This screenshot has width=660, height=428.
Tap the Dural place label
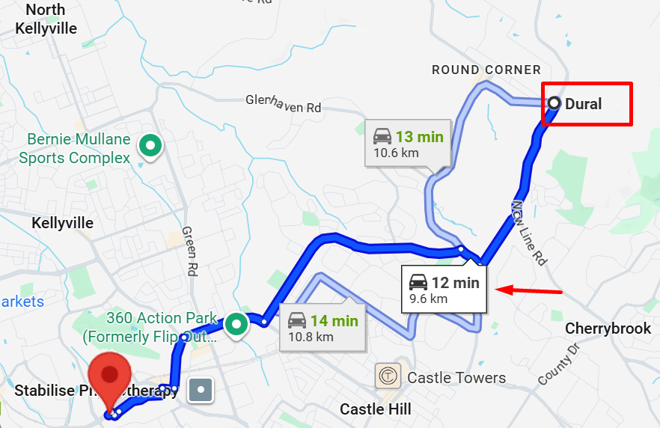(584, 104)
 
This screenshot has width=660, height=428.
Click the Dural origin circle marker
(554, 103)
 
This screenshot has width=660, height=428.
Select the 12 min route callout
(444, 289)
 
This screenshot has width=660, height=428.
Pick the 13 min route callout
(408, 144)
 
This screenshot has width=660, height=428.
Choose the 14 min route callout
(323, 327)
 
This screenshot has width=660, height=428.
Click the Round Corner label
(486, 70)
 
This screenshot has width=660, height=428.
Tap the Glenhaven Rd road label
(284, 103)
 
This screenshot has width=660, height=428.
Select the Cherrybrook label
(608, 328)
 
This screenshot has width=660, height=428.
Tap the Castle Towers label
(456, 378)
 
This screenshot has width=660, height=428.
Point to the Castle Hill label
(376, 409)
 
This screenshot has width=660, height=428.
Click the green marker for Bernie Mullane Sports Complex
(151, 144)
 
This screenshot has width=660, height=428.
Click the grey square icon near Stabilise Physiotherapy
(201, 389)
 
